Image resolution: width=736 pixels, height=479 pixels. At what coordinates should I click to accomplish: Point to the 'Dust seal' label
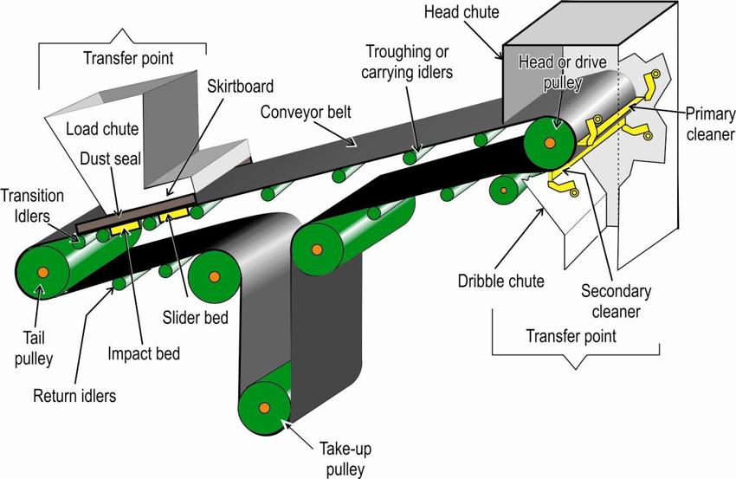click(107, 159)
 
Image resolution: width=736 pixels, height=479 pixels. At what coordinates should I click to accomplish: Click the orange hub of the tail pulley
click(43, 273)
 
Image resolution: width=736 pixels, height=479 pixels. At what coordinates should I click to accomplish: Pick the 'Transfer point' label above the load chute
click(127, 60)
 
